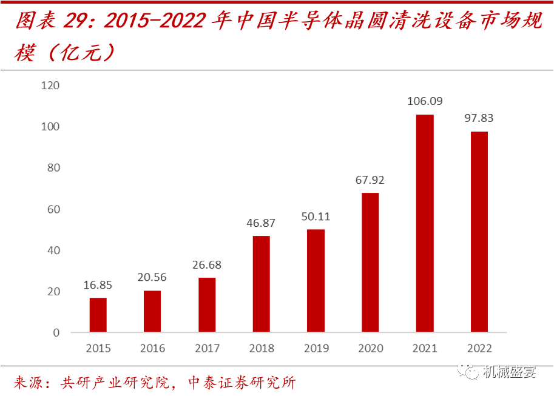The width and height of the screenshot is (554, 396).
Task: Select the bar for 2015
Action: (98, 315)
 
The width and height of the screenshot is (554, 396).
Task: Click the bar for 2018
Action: (262, 284)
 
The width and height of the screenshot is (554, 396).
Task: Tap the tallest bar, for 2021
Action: (425, 223)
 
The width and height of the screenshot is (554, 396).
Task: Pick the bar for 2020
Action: (370, 263)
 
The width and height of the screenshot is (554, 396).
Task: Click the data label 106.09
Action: (425, 101)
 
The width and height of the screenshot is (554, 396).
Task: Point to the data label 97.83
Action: (479, 118)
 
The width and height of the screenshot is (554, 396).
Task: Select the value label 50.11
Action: (316, 216)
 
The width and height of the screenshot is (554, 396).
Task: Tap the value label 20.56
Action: (152, 278)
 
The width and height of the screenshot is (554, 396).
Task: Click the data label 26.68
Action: (207, 264)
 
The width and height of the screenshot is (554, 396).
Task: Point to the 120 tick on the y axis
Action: (50, 86)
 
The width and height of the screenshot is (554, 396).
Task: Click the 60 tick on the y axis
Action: (53, 209)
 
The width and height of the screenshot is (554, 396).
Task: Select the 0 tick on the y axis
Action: (56, 333)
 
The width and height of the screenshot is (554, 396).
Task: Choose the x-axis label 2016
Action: (152, 349)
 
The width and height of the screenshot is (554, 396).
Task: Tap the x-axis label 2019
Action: (316, 349)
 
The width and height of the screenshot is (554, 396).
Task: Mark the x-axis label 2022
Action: (479, 349)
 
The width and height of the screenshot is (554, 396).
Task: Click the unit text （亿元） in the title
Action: (82, 53)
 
